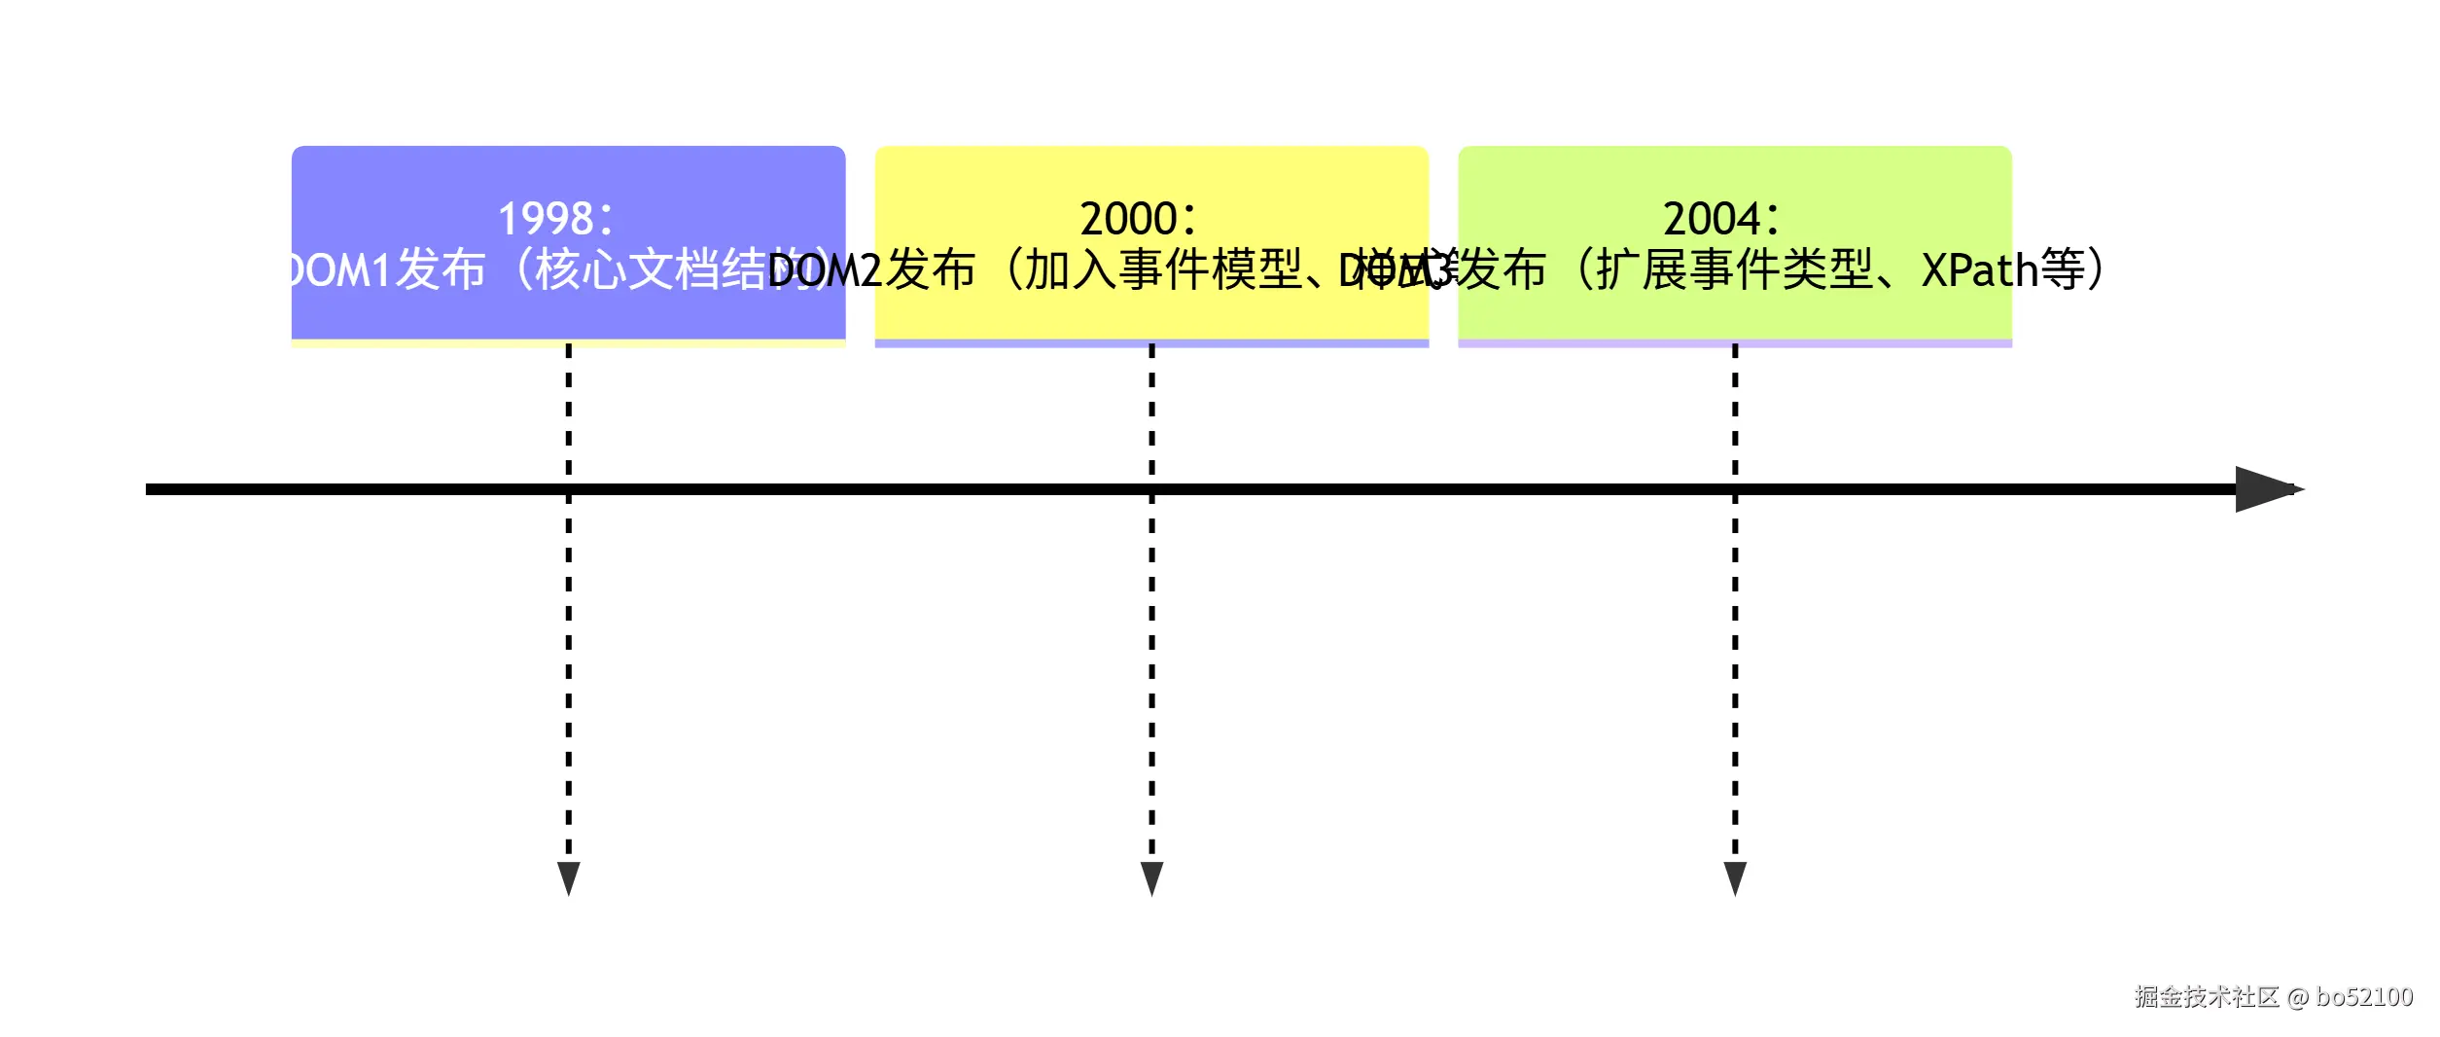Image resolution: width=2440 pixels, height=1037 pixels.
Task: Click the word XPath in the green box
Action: (x=1979, y=270)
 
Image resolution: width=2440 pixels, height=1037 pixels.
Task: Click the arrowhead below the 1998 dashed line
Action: (x=569, y=877)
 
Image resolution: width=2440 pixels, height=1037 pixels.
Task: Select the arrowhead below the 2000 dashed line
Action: (x=1151, y=877)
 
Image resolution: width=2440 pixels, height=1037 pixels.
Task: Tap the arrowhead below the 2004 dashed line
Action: (x=1735, y=877)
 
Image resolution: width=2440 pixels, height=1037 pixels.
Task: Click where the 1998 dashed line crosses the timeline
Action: (x=569, y=489)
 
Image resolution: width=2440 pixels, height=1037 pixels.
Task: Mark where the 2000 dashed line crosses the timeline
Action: (x=1151, y=489)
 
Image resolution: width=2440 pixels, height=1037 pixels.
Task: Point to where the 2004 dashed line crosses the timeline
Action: (x=1735, y=489)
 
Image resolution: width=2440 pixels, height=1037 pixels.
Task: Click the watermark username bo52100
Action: (x=2364, y=997)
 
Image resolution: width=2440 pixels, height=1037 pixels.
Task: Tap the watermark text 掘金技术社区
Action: (x=2207, y=997)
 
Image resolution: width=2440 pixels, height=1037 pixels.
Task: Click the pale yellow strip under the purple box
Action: (x=569, y=343)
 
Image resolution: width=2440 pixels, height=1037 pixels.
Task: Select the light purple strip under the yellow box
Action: (x=1151, y=343)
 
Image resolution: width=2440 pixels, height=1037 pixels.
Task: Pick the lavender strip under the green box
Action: (x=1735, y=343)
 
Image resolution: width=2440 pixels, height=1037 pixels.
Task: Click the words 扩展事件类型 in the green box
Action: (x=1734, y=270)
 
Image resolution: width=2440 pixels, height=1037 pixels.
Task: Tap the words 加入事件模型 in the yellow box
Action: (x=1162, y=270)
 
